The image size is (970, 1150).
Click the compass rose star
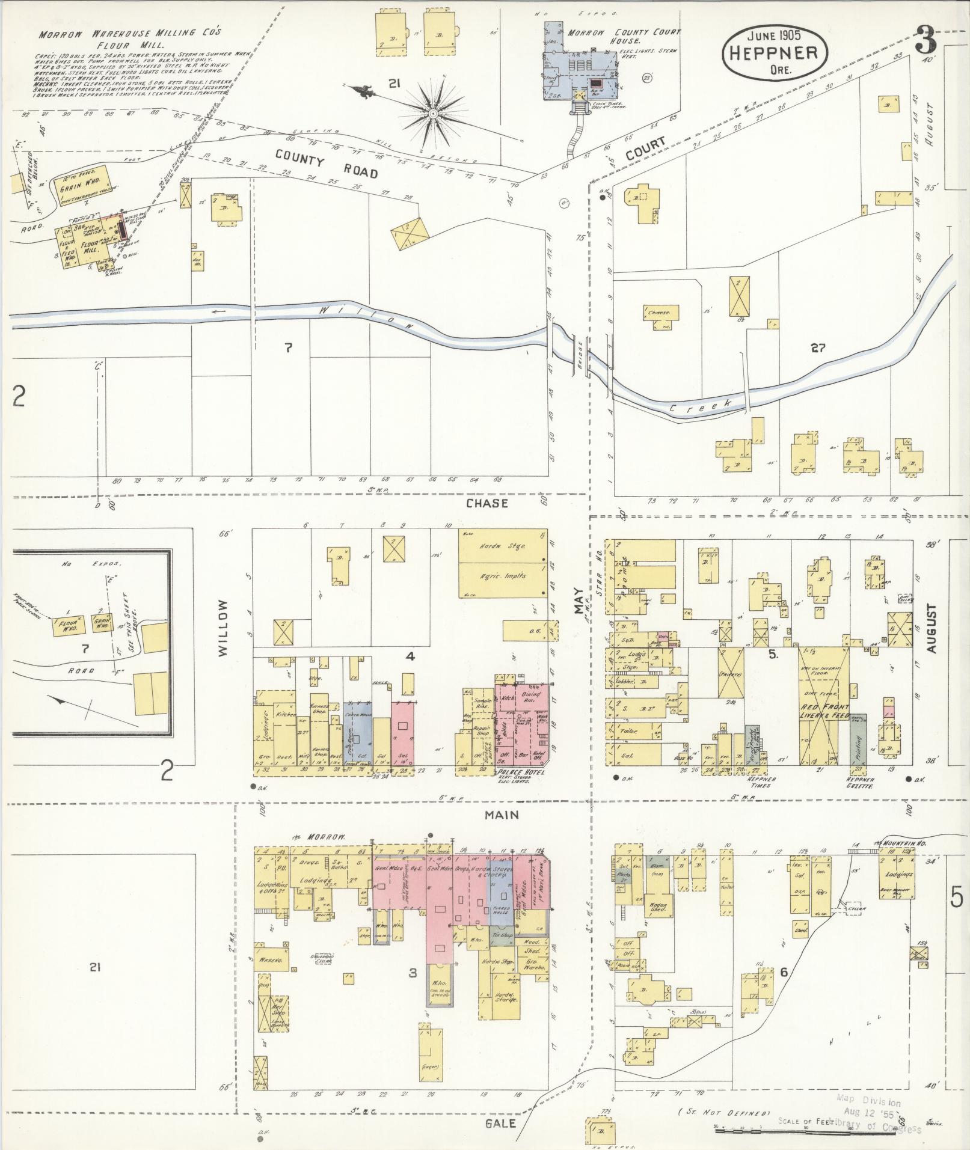point(432,112)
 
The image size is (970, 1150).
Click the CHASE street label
point(487,503)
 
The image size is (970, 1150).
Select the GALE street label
point(500,1122)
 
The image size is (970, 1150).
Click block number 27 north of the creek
point(818,347)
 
